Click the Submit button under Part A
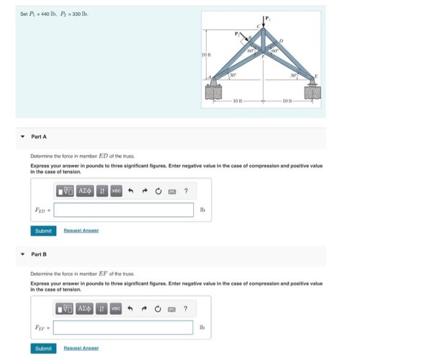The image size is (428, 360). [x=43, y=230]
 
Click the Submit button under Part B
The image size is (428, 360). [x=43, y=348]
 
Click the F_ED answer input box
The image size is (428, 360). [x=124, y=210]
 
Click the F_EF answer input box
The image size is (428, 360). [x=124, y=327]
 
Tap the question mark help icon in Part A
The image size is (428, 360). [x=186, y=191]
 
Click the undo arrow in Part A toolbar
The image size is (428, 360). [x=130, y=191]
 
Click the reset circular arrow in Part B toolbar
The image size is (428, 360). [x=157, y=309]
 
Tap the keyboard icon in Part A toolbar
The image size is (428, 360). [x=172, y=191]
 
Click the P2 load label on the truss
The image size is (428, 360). [x=238, y=34]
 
